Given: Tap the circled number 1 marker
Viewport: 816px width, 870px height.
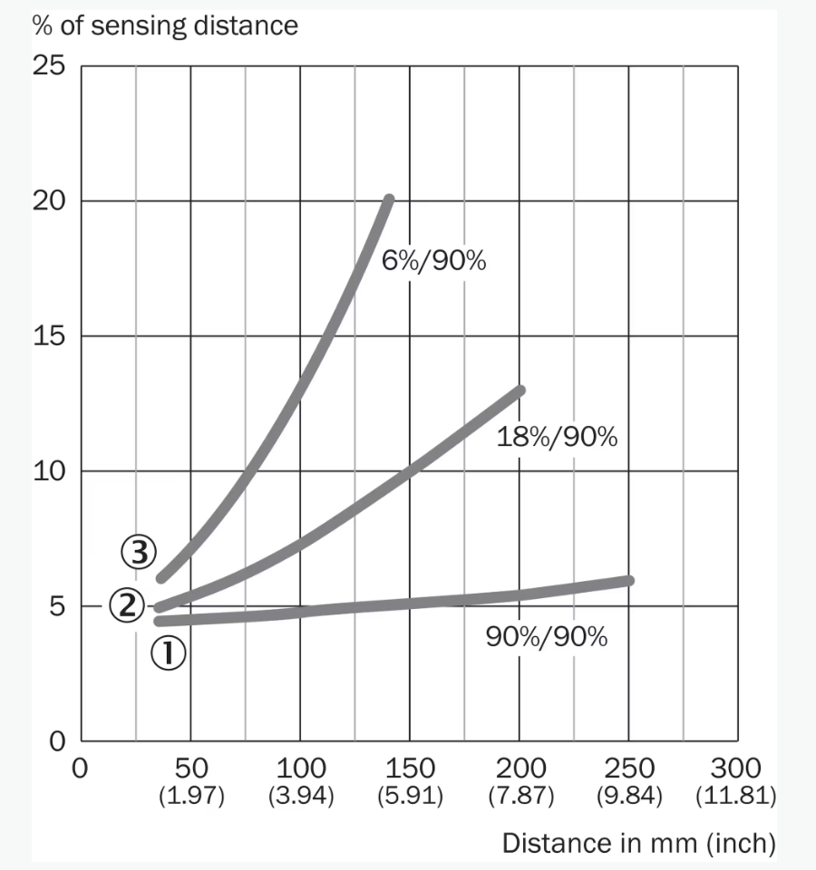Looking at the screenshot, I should click(170, 652).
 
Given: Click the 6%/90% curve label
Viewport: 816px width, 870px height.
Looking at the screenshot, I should click(434, 263).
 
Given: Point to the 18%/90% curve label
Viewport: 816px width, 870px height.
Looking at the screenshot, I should click(557, 438).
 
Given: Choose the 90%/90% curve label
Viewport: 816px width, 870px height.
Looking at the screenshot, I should click(547, 636).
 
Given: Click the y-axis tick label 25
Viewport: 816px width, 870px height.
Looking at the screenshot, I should click(49, 66).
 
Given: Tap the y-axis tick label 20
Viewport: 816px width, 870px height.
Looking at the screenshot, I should click(49, 201).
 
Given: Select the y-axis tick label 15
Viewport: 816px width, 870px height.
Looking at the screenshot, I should click(49, 336).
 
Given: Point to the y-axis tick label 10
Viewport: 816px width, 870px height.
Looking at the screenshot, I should click(49, 471).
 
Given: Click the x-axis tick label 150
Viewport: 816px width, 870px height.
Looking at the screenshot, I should click(410, 769).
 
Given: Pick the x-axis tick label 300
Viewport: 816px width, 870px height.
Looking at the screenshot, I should click(736, 769).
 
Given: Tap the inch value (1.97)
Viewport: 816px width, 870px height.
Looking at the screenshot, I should click(191, 797).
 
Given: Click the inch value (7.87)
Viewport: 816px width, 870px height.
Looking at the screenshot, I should click(520, 797).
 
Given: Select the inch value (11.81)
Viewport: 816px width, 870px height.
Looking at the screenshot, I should click(735, 797).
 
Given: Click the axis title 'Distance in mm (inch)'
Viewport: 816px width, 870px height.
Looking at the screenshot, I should click(638, 843).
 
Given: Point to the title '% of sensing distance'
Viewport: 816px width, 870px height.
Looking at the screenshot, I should click(165, 25).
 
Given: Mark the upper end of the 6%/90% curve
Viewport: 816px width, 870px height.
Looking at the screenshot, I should click(389, 199).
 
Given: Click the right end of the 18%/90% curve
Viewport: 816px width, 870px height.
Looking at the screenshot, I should click(520, 391).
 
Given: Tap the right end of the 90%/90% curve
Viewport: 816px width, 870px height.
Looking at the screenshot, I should click(628, 580).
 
